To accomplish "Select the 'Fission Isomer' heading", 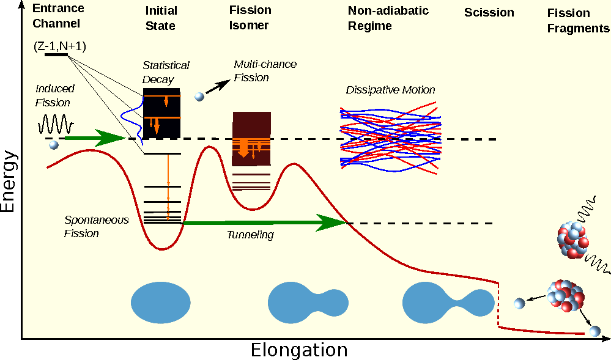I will click(250, 18).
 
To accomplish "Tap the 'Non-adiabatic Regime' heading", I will click(388, 18).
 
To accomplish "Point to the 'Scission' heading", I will click(489, 13).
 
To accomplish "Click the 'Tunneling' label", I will click(250, 235).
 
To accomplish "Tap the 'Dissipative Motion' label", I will click(390, 90).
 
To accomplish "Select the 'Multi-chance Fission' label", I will click(264, 70).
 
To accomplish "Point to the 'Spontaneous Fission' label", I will click(96, 226).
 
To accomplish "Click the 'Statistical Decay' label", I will click(166, 72).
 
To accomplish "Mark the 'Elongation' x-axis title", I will click(299, 350).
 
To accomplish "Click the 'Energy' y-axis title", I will click(8, 182).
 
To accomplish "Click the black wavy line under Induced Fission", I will click(56, 125).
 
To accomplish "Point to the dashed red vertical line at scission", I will click(499, 304).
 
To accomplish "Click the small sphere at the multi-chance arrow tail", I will click(199, 96).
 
